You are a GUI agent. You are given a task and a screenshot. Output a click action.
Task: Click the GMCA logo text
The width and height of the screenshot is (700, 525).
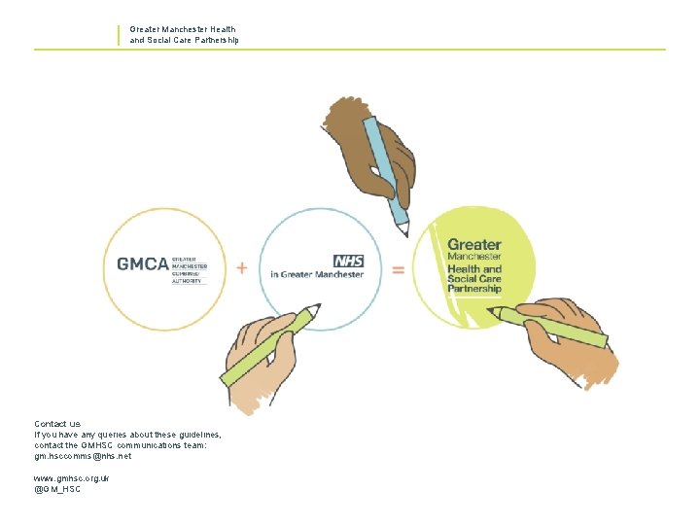[x=142, y=264]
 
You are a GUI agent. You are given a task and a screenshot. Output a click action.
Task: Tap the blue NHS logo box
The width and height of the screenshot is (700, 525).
[x=347, y=261]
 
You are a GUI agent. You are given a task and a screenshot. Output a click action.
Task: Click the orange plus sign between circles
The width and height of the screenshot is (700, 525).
[x=242, y=266]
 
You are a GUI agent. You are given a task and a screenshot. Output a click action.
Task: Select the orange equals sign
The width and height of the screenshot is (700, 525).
[x=398, y=269]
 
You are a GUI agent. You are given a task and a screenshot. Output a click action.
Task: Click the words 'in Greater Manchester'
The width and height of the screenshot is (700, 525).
[x=317, y=275]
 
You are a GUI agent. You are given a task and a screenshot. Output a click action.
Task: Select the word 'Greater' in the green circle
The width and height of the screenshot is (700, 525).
[x=473, y=245]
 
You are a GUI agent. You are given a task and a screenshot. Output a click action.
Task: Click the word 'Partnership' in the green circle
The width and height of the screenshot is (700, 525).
[x=474, y=289]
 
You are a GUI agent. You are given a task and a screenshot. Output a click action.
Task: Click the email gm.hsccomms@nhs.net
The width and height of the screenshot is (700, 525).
[x=83, y=456]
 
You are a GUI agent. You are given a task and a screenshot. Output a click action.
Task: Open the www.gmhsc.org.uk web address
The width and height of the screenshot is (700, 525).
[x=72, y=478]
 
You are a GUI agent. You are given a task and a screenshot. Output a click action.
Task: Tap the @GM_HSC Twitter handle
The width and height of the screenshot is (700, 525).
[x=57, y=490]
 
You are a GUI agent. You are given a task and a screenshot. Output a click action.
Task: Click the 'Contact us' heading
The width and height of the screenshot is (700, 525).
[x=57, y=424]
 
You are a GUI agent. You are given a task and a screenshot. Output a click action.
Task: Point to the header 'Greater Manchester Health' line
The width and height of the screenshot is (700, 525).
[x=183, y=30]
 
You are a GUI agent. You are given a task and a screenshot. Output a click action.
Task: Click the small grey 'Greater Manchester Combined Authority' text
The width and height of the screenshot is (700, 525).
[x=189, y=269]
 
